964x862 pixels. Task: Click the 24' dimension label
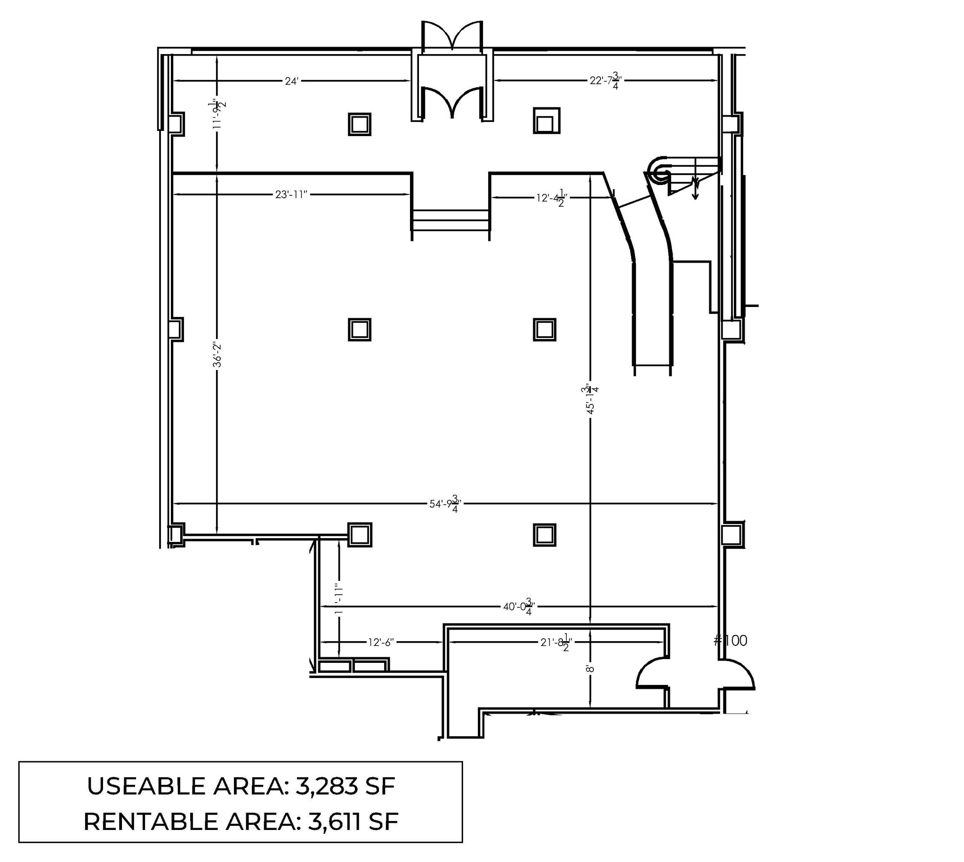click(x=291, y=81)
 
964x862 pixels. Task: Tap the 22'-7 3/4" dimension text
click(x=605, y=81)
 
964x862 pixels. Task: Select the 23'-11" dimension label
click(x=291, y=194)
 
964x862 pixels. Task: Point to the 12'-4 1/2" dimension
click(x=551, y=198)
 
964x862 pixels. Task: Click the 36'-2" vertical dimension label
click(x=217, y=355)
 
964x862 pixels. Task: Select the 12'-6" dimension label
click(x=381, y=642)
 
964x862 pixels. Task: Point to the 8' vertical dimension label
click(x=590, y=669)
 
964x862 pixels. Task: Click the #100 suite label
click(x=730, y=641)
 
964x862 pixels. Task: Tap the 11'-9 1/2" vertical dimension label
click(x=218, y=113)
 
